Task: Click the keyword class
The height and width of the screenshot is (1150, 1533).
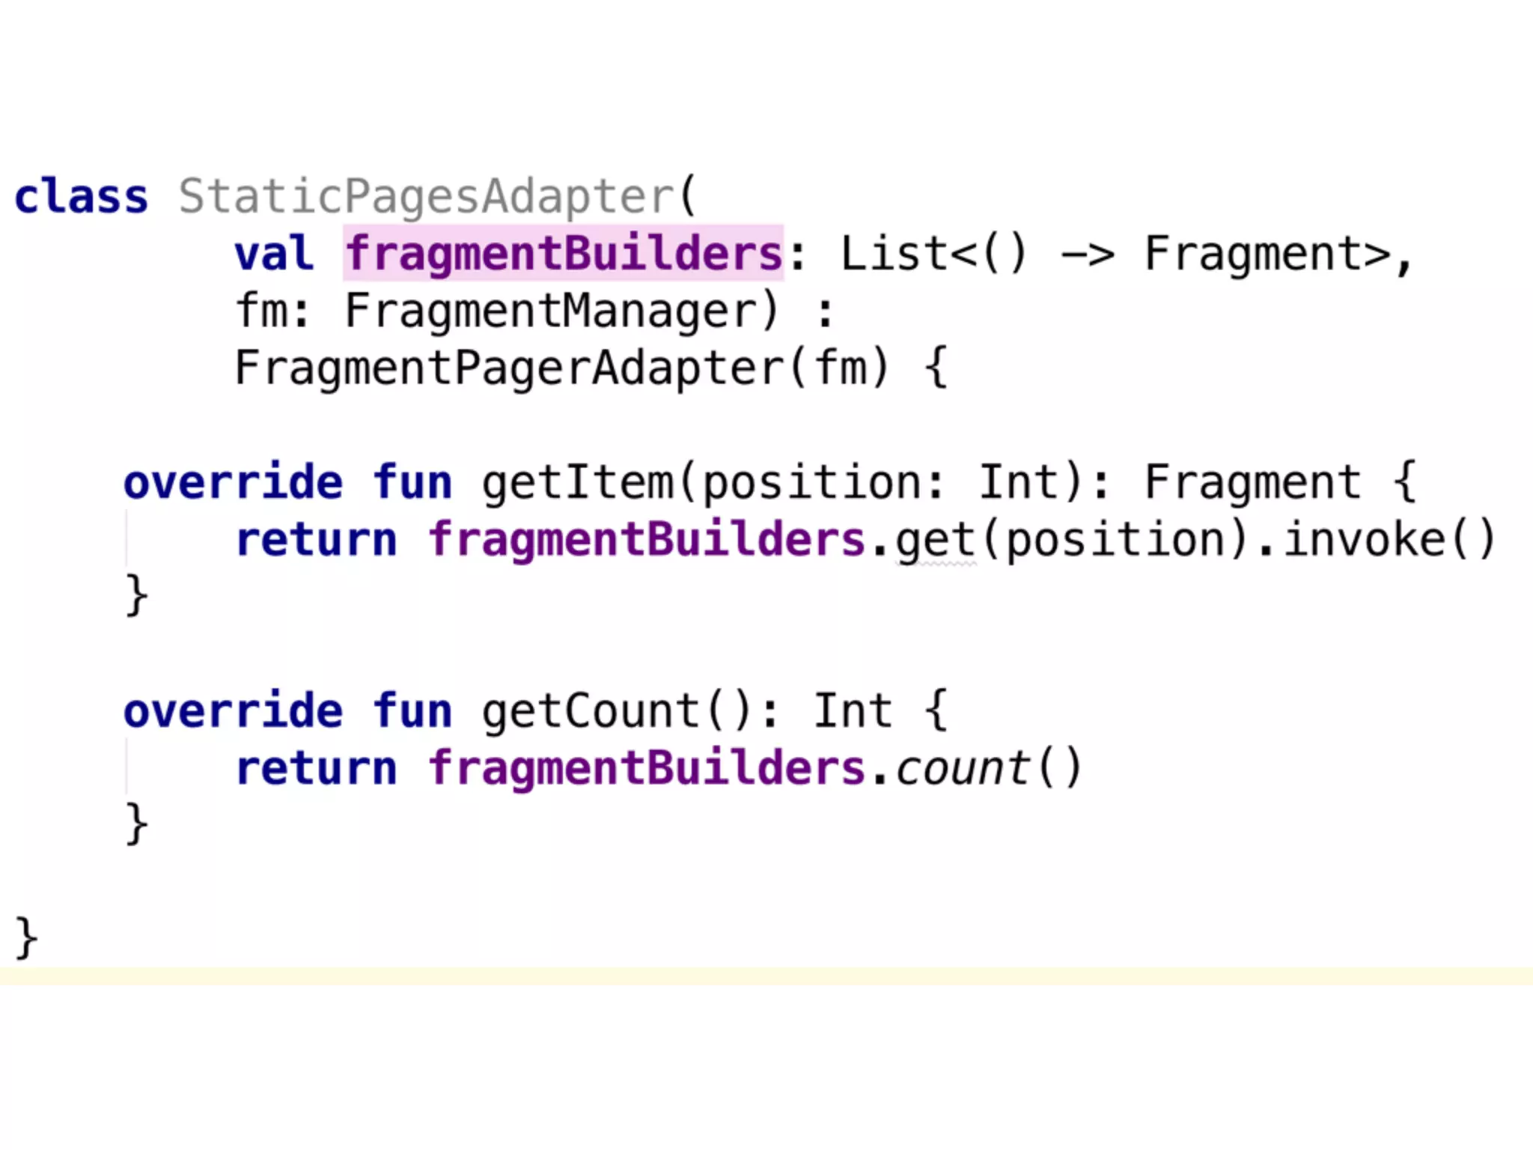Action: tap(81, 197)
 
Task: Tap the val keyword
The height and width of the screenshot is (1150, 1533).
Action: tap(273, 254)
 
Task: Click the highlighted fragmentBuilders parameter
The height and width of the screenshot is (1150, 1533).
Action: tap(564, 254)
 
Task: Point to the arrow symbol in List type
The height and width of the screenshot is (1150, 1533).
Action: tap(1087, 255)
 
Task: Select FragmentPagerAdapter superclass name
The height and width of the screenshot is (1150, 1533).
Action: tap(509, 368)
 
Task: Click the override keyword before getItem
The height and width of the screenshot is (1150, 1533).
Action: tap(233, 482)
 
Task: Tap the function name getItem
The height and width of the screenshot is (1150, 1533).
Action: tap(577, 482)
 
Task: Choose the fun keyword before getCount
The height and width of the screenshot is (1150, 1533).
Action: tap(412, 711)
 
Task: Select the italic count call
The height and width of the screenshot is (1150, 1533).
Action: tap(961, 768)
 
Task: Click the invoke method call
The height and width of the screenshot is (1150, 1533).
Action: tap(1364, 540)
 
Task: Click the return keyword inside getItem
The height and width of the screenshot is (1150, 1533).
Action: tap(316, 540)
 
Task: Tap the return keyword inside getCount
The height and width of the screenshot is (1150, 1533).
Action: tap(316, 768)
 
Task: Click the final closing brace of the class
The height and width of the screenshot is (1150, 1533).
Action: tap(26, 937)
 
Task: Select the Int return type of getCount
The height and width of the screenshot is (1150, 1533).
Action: tap(853, 711)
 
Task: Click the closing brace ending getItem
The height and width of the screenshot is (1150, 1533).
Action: tap(136, 596)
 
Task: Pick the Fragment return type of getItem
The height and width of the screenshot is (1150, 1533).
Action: tap(1252, 482)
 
